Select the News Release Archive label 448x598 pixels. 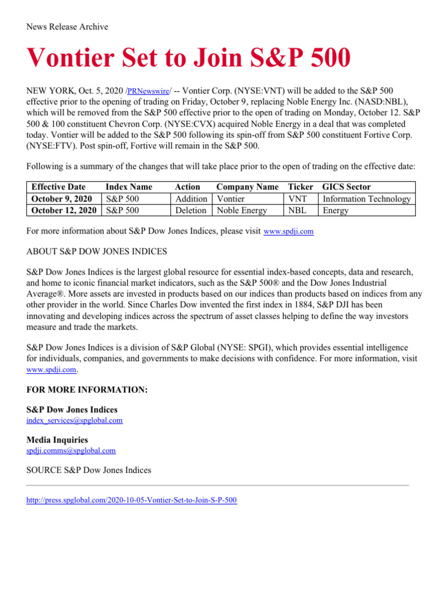click(68, 27)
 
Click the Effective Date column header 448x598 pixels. click(58, 187)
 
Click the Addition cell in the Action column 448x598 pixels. click(191, 199)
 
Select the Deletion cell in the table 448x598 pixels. click(191, 210)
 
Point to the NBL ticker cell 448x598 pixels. click(298, 210)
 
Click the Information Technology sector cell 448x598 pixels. click(367, 199)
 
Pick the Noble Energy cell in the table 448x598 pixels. click(242, 210)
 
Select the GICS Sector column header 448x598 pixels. click(346, 187)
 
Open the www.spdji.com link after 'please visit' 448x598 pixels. click(289, 231)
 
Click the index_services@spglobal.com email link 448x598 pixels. click(75, 420)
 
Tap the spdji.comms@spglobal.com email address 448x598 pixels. click(71, 451)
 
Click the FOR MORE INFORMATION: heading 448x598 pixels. click(87, 390)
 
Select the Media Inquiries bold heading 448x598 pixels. click(58, 440)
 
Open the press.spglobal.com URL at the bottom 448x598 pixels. click(132, 500)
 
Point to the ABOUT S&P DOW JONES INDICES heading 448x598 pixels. click(97, 252)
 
